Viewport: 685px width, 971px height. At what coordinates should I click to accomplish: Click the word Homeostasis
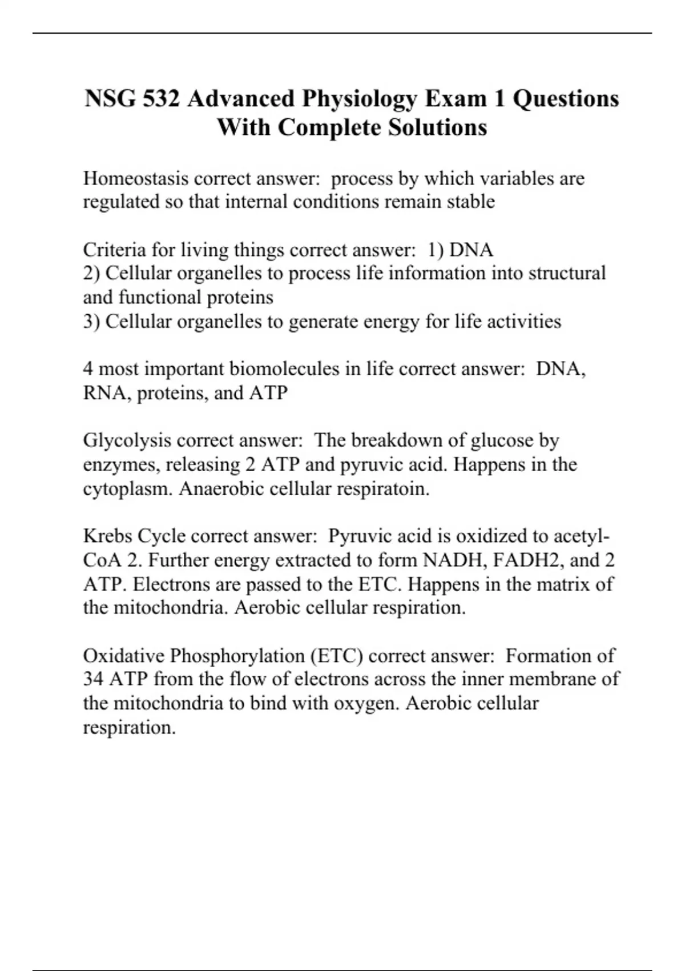pos(136,179)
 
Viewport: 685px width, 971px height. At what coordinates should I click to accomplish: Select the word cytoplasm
pos(127,489)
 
